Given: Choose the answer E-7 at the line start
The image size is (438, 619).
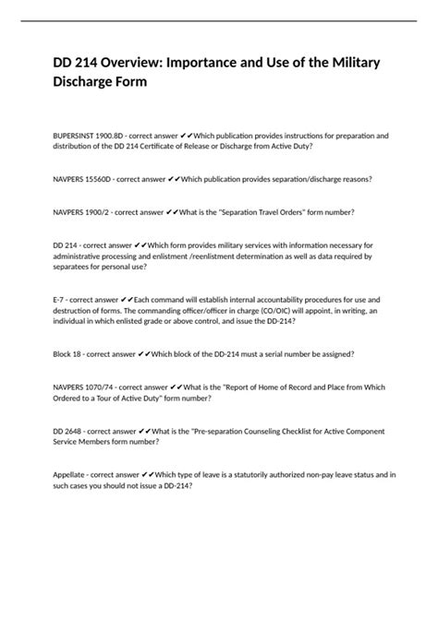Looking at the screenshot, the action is (60, 300).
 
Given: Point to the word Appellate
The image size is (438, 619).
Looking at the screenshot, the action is (73, 474).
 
